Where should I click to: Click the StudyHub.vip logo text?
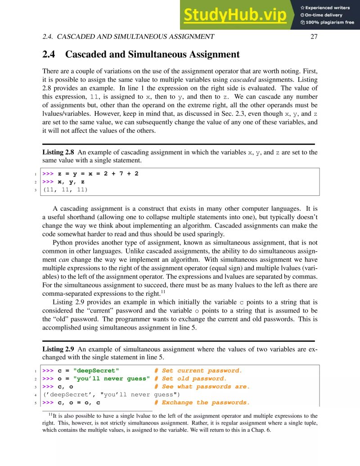click(235, 15)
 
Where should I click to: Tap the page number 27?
click(314, 37)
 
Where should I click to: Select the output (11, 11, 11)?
click(65, 190)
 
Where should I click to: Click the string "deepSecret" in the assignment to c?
click(96, 371)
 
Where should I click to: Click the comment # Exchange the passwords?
click(202, 403)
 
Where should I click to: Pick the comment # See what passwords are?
click(202, 387)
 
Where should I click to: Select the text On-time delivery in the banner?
click(323, 15)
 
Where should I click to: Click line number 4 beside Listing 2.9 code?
click(36, 395)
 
